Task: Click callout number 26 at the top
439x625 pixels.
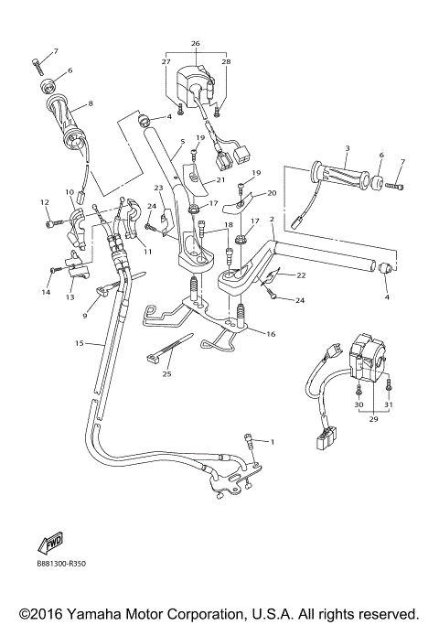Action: coord(195,43)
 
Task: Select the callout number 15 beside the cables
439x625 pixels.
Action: coord(80,343)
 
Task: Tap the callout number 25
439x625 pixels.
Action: coord(166,374)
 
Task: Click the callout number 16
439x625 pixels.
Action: coord(270,335)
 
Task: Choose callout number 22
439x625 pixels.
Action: coord(301,275)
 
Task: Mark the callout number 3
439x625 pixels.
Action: coord(348,148)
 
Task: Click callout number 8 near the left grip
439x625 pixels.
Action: coord(91,103)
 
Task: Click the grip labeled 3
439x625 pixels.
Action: coord(341,172)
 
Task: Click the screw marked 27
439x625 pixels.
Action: coord(180,109)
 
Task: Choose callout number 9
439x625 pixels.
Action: coord(84,316)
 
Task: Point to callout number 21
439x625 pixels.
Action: coord(220,179)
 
